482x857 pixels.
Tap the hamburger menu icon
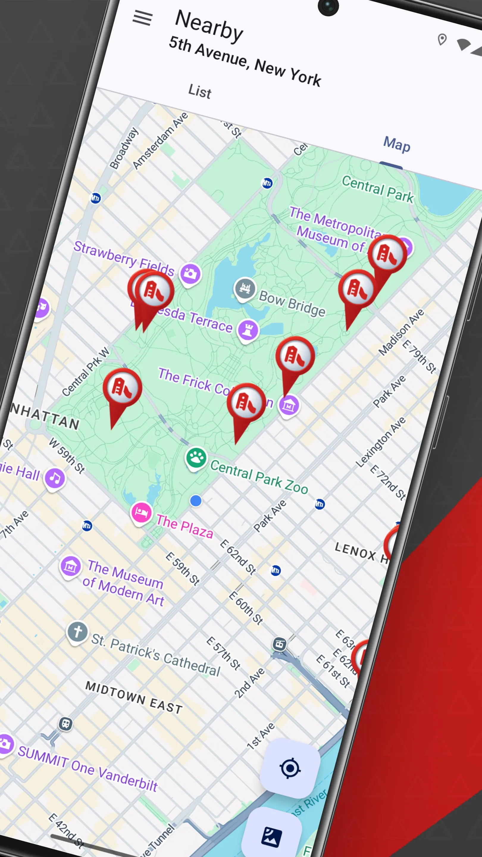(143, 18)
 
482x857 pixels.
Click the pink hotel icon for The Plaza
(141, 512)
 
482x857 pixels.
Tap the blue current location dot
(195, 500)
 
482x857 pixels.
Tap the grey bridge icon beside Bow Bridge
(245, 288)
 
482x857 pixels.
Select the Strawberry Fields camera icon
(190, 273)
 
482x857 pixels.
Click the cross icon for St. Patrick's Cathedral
(77, 631)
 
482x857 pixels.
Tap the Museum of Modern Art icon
(70, 566)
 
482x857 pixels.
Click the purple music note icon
(55, 478)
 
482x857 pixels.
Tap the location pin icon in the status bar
(442, 39)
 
